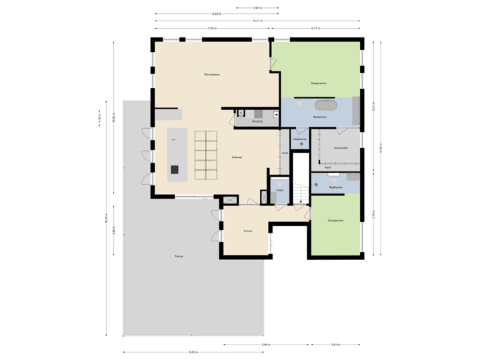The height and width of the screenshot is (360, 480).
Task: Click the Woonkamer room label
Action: click(x=212, y=74)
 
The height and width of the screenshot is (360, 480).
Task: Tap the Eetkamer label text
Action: click(x=236, y=157)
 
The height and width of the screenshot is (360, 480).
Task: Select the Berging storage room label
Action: click(x=257, y=121)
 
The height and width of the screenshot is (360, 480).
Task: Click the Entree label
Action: click(x=247, y=231)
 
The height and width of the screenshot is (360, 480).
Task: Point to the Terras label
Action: click(x=179, y=256)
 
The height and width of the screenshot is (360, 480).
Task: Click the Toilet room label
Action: click(x=280, y=190)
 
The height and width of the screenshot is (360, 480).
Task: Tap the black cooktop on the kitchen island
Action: click(x=175, y=169)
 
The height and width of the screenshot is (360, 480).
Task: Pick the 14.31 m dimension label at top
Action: click(x=256, y=21)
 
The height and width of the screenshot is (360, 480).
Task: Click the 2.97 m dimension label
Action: click(x=257, y=8)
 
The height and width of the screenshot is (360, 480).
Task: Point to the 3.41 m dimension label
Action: click(x=335, y=345)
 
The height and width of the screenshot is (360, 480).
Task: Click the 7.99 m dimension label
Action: click(x=211, y=29)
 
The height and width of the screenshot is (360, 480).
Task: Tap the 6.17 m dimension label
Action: click(x=315, y=29)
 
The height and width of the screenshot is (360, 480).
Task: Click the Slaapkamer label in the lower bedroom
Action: click(x=335, y=221)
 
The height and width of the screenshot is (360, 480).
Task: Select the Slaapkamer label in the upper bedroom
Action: click(x=318, y=83)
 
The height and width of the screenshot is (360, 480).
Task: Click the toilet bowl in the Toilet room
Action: click(x=281, y=181)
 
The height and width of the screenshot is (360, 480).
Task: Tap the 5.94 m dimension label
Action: click(x=265, y=345)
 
